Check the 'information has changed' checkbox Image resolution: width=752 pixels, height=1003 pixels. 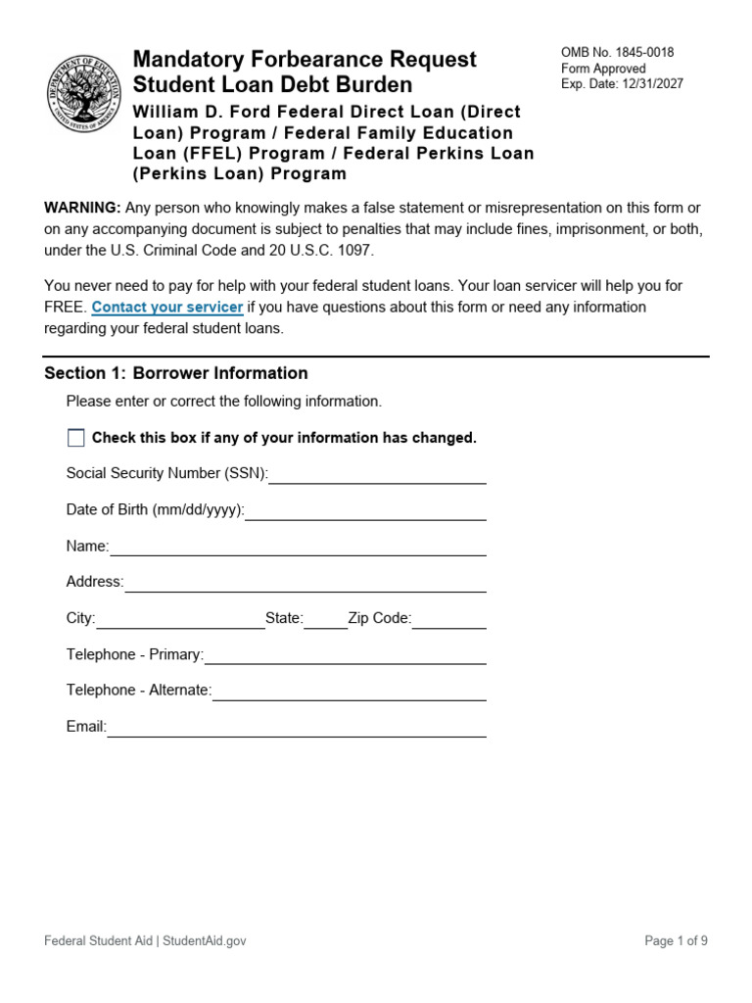pyautogui.click(x=76, y=438)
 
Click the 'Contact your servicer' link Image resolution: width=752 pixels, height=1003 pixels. pyautogui.click(x=167, y=308)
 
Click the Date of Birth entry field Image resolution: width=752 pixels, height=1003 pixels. pyautogui.click(x=365, y=510)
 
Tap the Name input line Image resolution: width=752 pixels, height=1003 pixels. pyautogui.click(x=298, y=547)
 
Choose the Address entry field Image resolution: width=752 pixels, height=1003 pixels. pyautogui.click(x=305, y=583)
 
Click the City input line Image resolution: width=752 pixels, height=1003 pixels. pyautogui.click(x=180, y=619)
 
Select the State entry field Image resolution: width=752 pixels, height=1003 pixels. pyautogui.click(x=325, y=619)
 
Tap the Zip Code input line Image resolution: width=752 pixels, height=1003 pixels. pyautogui.click(x=448, y=619)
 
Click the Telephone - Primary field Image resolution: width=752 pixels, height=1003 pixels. pyautogui.click(x=345, y=655)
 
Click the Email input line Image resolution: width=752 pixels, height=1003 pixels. pyautogui.click(x=297, y=728)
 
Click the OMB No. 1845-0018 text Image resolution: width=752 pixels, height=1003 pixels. pyautogui.click(x=617, y=53)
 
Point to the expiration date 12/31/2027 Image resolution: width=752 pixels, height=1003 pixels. pyautogui.click(x=651, y=84)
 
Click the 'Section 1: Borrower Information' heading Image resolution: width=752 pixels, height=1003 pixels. pyautogui.click(x=176, y=373)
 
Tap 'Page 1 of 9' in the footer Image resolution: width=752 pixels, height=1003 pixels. pyautogui.click(x=676, y=941)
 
